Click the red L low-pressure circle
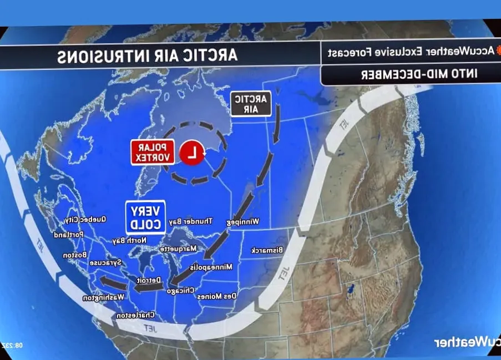[192, 153]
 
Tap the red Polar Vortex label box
[153, 152]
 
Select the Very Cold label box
[145, 216]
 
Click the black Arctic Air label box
[251, 104]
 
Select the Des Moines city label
[217, 296]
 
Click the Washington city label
[103, 298]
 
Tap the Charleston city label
[135, 315]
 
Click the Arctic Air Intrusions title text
[148, 55]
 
